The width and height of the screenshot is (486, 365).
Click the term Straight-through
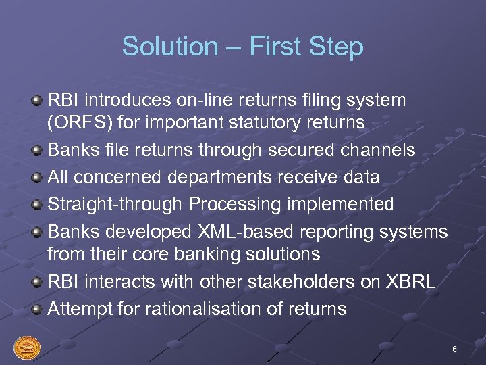(x=115, y=203)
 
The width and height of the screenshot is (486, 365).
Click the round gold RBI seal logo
(x=27, y=349)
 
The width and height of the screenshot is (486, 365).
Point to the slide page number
(x=454, y=349)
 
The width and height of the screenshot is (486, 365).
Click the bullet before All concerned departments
(x=38, y=178)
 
